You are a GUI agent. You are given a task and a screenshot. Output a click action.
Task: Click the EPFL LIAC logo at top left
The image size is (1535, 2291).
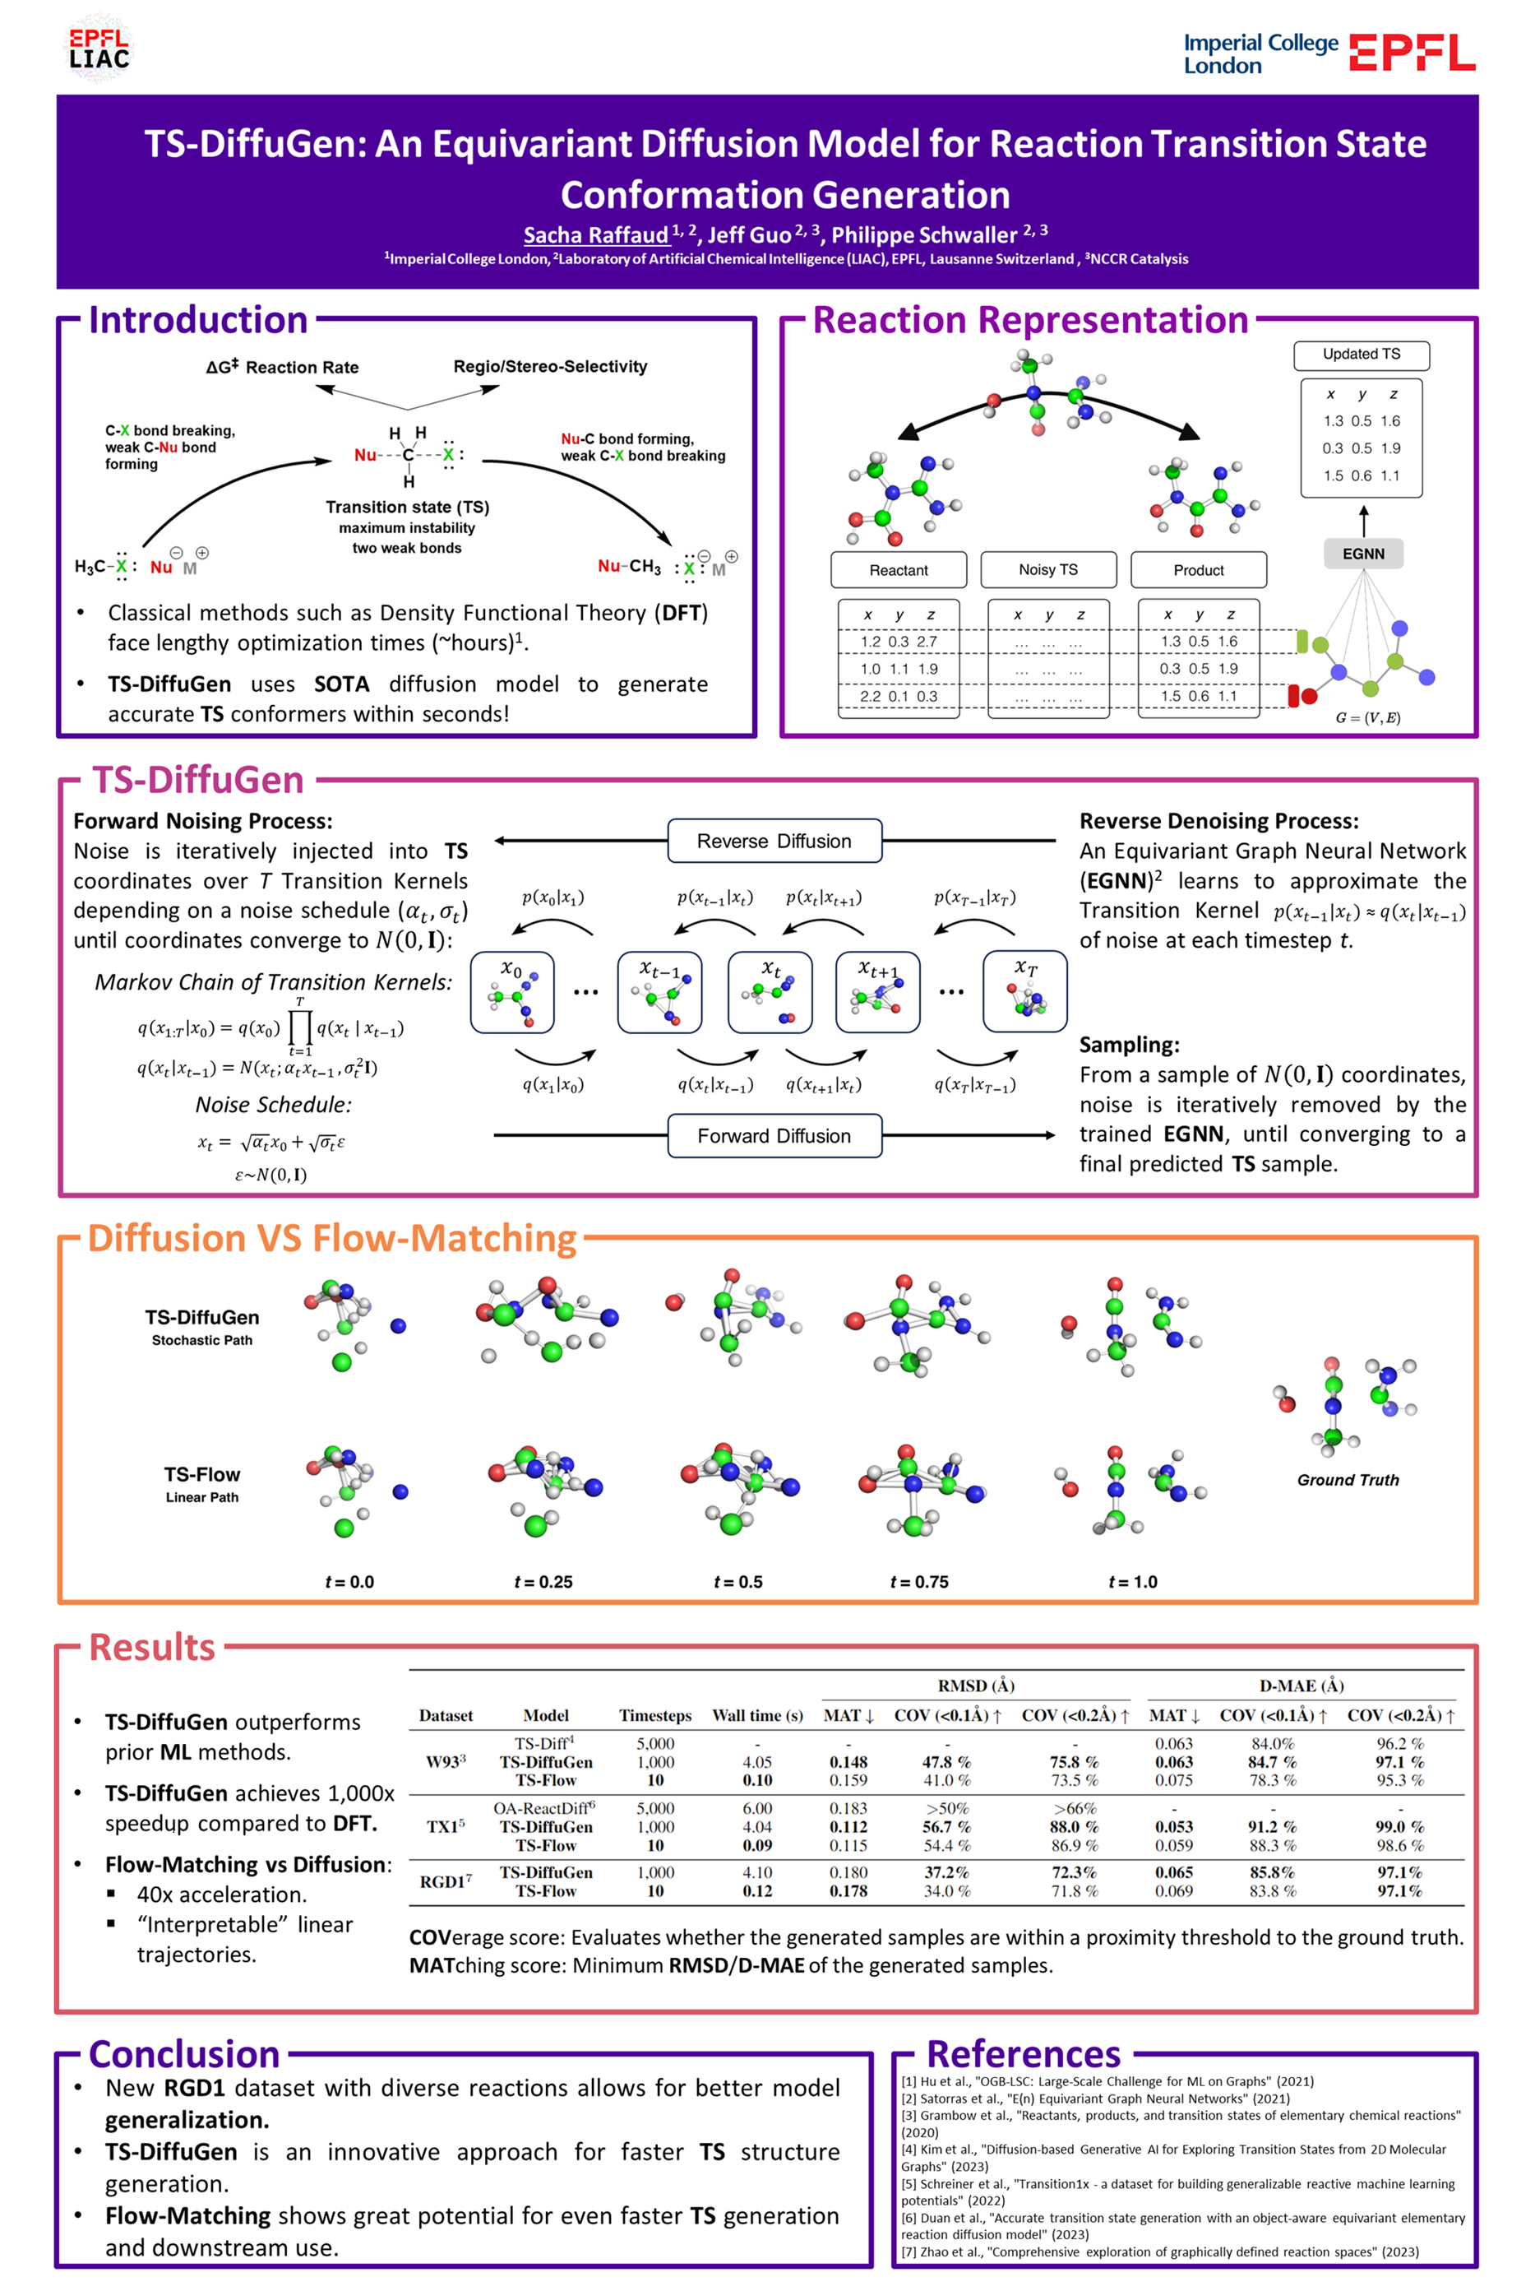pos(99,49)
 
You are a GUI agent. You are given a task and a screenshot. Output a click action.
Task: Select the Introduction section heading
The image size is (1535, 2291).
pos(198,320)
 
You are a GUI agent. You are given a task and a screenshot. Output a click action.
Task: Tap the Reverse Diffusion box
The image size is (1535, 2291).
pos(774,841)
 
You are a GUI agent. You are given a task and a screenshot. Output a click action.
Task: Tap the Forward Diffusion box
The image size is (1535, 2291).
pos(774,1135)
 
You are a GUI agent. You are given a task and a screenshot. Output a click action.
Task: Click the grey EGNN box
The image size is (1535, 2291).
pos(1362,554)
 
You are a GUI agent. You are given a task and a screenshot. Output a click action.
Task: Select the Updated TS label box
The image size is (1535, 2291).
pos(1361,355)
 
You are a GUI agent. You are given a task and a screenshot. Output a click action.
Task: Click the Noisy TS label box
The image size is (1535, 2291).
pos(1047,569)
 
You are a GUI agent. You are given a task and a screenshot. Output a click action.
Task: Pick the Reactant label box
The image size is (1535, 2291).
pos(898,570)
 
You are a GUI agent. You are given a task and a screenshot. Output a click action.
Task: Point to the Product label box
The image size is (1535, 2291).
pos(1198,570)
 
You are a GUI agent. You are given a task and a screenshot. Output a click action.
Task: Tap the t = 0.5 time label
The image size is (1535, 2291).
pos(737,1581)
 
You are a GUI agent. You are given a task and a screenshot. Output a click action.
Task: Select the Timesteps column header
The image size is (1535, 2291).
pos(655,1715)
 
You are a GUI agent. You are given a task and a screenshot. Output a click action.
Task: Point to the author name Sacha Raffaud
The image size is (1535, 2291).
pos(595,235)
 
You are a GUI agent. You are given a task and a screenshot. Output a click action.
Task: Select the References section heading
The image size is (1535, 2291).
pos(1023,2053)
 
